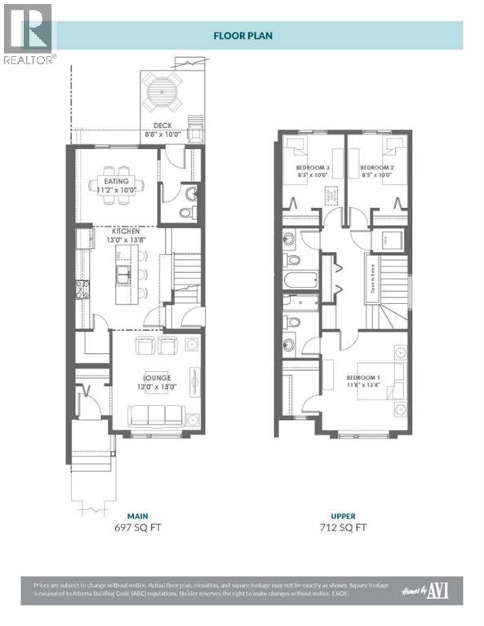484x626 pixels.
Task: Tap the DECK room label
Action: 160,126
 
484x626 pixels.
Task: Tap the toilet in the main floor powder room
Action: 186,213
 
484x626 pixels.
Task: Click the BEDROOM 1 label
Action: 362,377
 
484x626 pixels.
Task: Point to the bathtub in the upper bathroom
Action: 299,281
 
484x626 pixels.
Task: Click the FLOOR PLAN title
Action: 242,35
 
